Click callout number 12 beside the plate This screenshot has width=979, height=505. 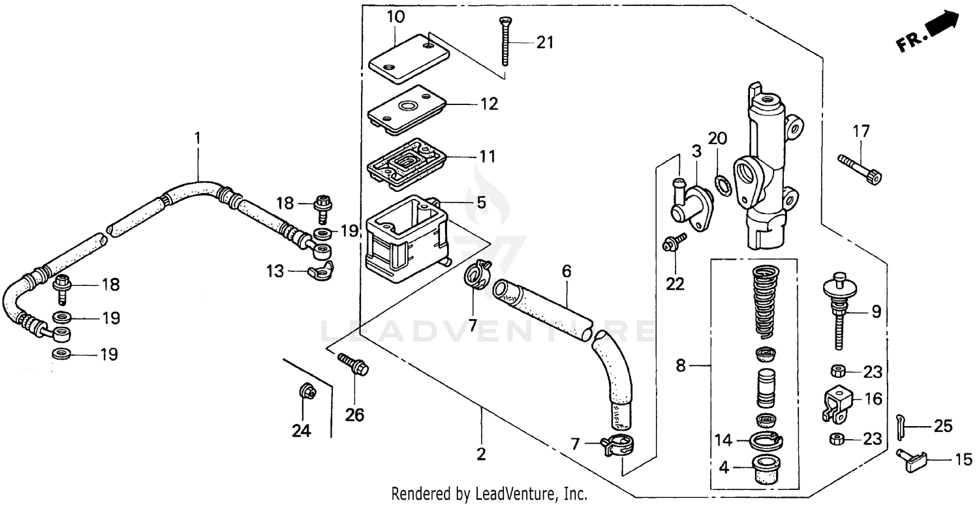[x=489, y=104]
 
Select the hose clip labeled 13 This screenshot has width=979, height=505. [x=321, y=269]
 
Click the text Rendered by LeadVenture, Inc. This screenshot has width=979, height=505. [x=489, y=494]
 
